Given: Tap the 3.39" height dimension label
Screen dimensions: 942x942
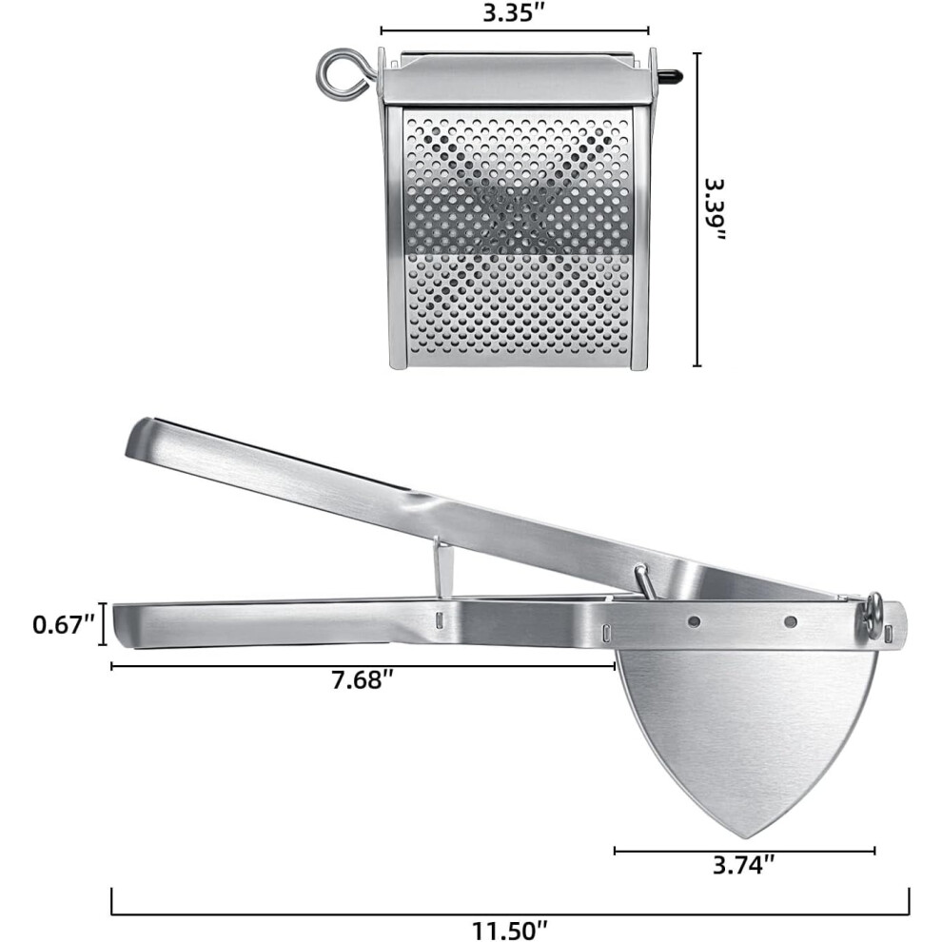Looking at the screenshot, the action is pyautogui.click(x=716, y=209).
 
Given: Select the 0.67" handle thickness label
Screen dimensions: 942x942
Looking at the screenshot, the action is pyautogui.click(x=64, y=625).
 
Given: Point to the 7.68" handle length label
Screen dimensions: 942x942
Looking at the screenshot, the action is pyautogui.click(x=363, y=680).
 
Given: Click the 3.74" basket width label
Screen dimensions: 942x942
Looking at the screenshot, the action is pyautogui.click(x=743, y=865).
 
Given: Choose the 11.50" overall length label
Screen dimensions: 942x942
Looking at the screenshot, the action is pyautogui.click(x=510, y=930).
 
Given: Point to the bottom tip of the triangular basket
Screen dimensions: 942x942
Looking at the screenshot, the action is pyautogui.click(x=746, y=837).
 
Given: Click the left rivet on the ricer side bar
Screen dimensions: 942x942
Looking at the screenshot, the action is pyautogui.click(x=694, y=621).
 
